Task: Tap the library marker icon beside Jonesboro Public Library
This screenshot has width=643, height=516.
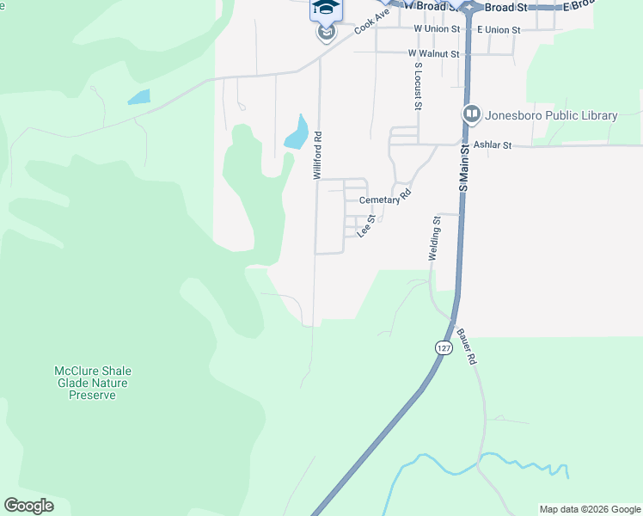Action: [471, 114]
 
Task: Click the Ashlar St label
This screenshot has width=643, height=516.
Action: [495, 146]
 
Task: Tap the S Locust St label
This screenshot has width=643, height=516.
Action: [418, 86]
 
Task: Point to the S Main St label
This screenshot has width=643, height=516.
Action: [462, 168]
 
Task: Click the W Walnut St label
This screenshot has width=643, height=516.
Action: [434, 53]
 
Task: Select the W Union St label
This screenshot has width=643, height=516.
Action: [438, 29]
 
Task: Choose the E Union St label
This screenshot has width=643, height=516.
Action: [499, 29]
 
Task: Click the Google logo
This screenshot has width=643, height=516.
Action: [28, 506]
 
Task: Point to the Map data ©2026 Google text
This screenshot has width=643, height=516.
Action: [590, 509]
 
